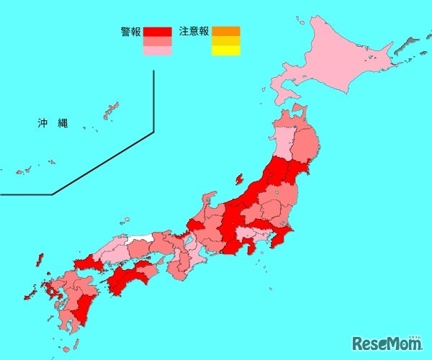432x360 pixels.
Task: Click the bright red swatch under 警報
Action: [x=157, y=32]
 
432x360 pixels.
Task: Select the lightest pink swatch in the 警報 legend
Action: [x=157, y=51]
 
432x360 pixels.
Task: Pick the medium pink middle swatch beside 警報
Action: [x=157, y=42]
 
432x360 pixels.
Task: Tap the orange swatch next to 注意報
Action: [x=225, y=31]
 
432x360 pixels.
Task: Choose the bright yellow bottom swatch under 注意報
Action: [x=225, y=50]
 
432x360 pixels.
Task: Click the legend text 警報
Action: [x=130, y=32]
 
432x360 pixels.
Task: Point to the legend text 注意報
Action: [x=194, y=32]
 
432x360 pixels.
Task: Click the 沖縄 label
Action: [x=53, y=123]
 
